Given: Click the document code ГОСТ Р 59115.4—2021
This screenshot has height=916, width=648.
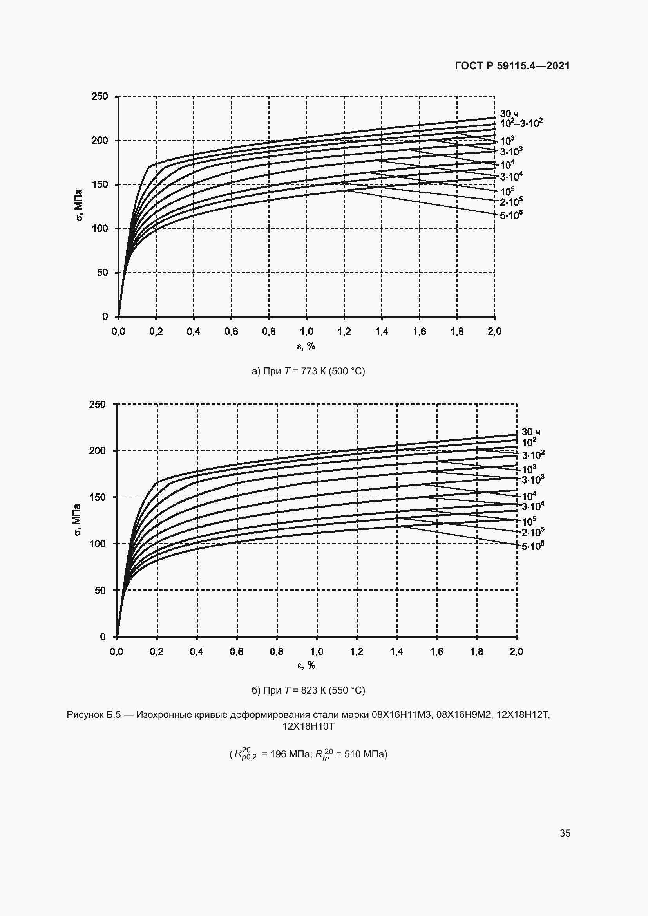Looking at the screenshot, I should pyautogui.click(x=512, y=66).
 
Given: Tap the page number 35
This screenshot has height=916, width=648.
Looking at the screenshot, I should pyautogui.click(x=565, y=833).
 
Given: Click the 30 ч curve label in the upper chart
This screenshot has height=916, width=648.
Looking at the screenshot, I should pyautogui.click(x=509, y=114).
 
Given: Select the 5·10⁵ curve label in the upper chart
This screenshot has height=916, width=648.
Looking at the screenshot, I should pyautogui.click(x=511, y=215).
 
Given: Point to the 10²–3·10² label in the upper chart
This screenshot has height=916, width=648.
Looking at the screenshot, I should pyautogui.click(x=521, y=123).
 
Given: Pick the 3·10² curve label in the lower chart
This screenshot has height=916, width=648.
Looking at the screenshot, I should pyautogui.click(x=533, y=455).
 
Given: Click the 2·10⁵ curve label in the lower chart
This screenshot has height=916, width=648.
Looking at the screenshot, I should pyautogui.click(x=533, y=532).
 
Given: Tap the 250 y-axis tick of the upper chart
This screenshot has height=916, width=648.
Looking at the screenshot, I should pyautogui.click(x=100, y=96).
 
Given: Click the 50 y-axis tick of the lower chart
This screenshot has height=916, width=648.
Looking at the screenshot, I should pyautogui.click(x=100, y=590).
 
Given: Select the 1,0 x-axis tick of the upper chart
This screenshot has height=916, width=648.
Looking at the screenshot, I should pyautogui.click(x=306, y=331).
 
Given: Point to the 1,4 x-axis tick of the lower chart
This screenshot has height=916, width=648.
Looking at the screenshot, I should pyautogui.click(x=396, y=652).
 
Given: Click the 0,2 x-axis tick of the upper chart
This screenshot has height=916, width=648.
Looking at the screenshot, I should pyautogui.click(x=156, y=331).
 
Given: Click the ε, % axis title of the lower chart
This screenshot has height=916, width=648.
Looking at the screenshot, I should pyautogui.click(x=306, y=665).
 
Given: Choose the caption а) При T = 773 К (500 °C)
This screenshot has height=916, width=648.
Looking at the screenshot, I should pyautogui.click(x=308, y=371).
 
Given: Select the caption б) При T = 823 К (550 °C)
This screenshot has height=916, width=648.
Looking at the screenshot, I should pyautogui.click(x=308, y=690).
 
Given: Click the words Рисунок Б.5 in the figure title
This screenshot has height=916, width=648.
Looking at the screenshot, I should pyautogui.click(x=93, y=715).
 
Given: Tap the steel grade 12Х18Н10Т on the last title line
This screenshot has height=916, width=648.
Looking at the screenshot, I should pyautogui.click(x=308, y=726).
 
